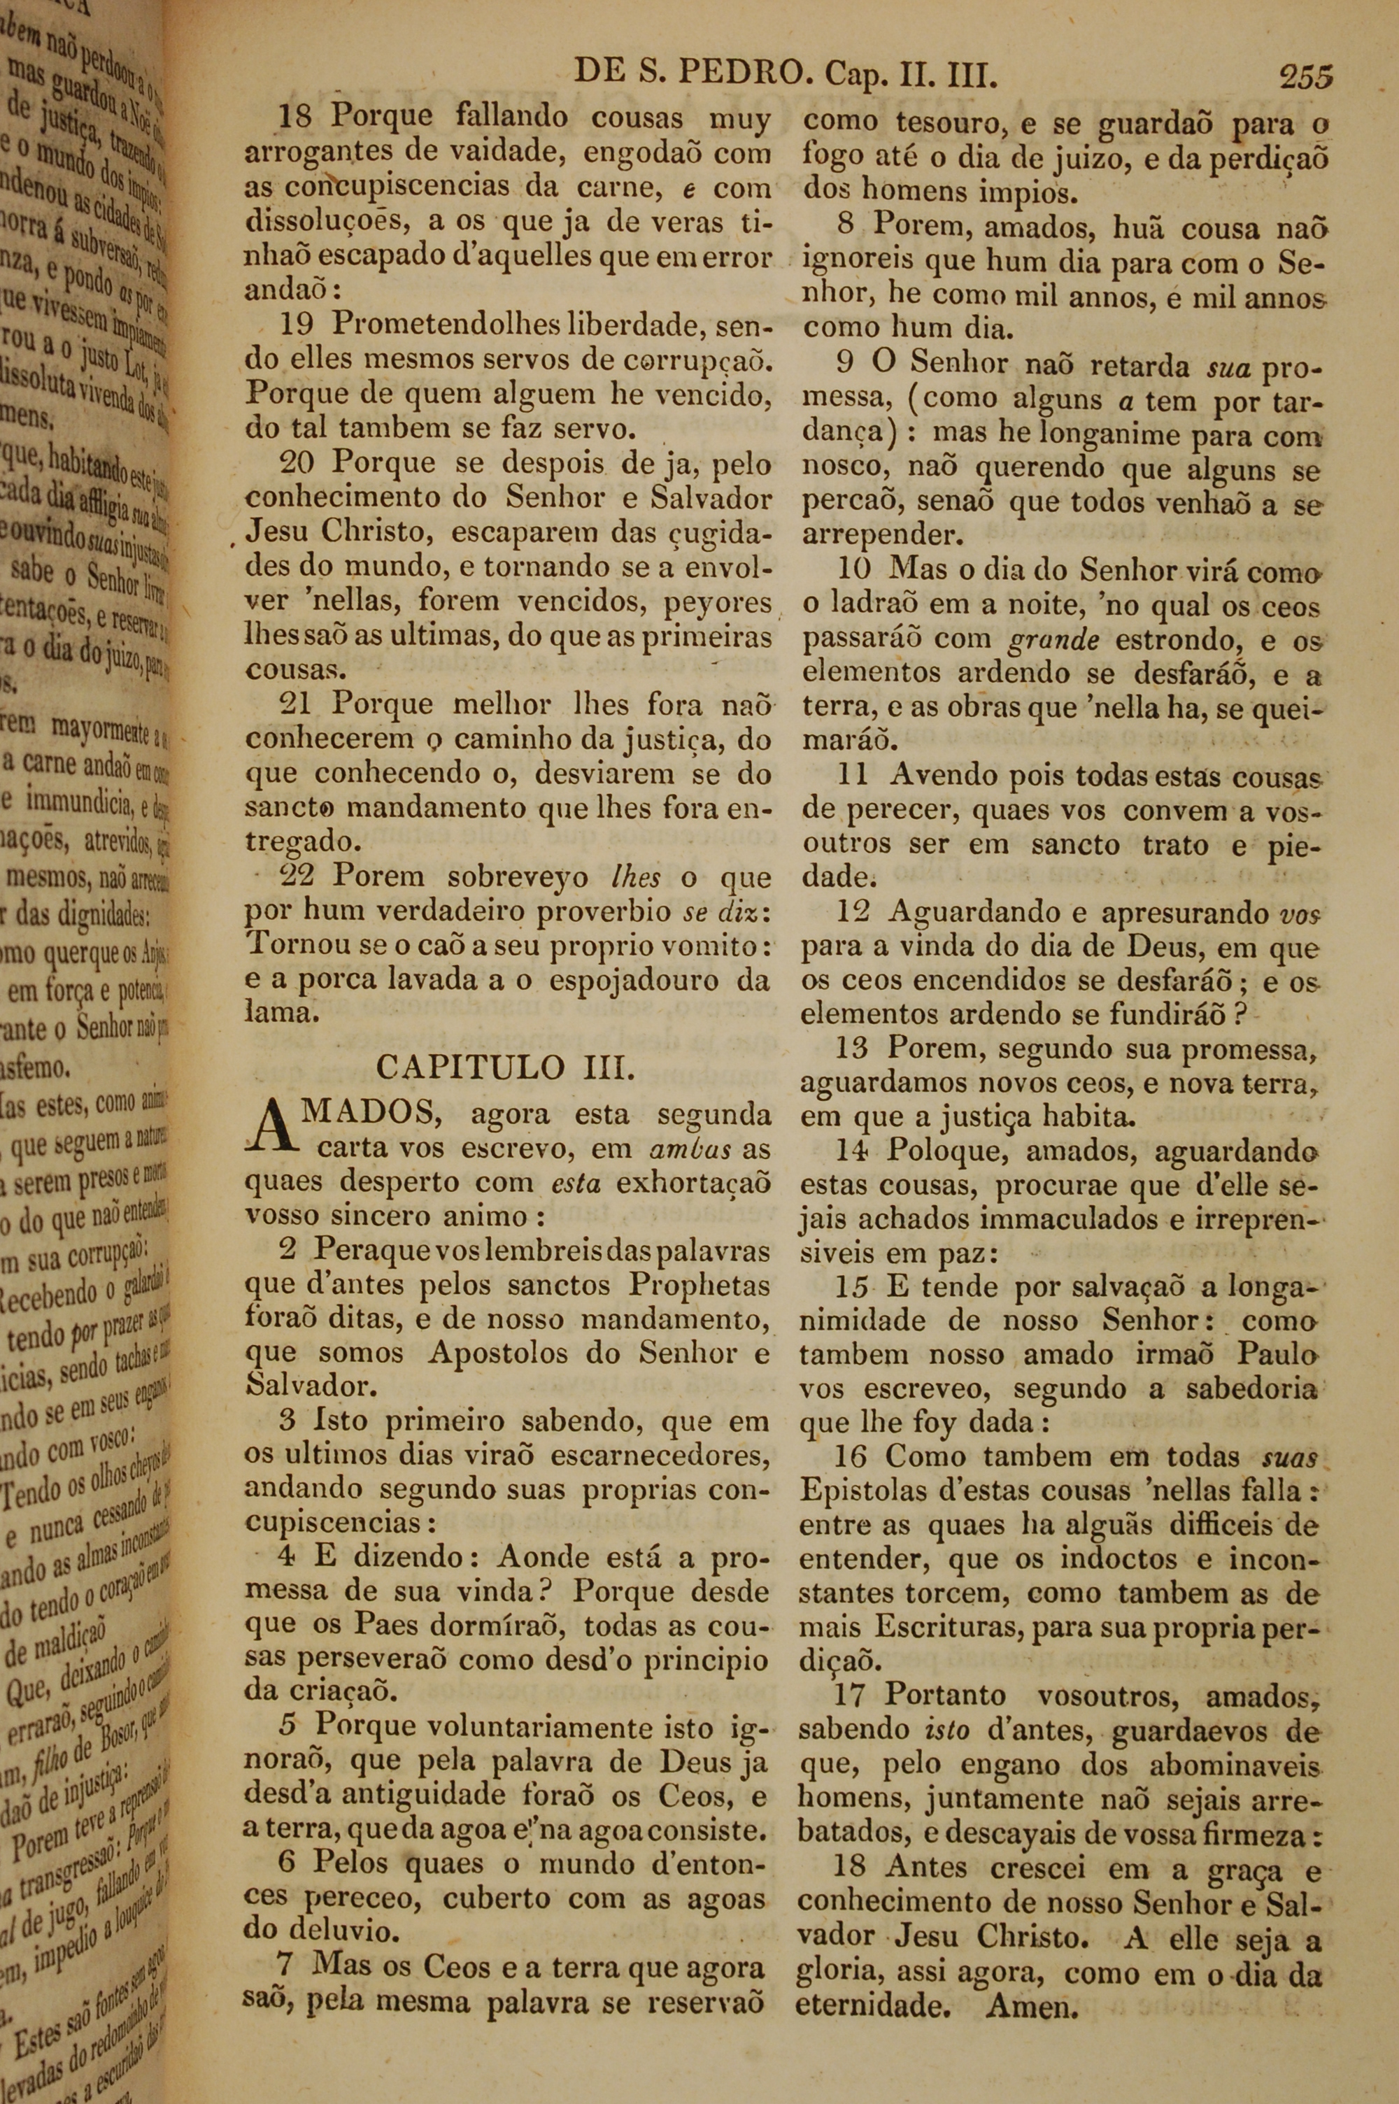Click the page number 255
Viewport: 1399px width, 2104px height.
tap(1305, 78)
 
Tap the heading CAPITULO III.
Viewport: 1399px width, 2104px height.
tap(506, 1067)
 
